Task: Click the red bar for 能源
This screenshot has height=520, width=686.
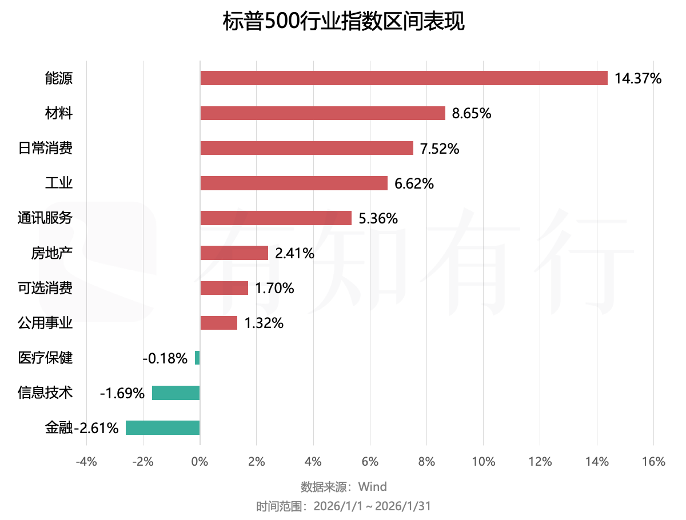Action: pyautogui.click(x=404, y=78)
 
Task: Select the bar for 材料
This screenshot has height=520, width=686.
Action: pyautogui.click(x=322, y=113)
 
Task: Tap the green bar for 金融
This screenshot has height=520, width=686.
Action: pyautogui.click(x=163, y=427)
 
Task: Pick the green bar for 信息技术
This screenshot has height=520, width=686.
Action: pyautogui.click(x=176, y=393)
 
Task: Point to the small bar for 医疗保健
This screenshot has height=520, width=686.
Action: pyautogui.click(x=197, y=358)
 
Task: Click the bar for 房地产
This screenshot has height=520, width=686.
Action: pyautogui.click(x=234, y=253)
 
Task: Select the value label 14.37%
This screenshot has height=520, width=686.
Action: pyautogui.click(x=638, y=78)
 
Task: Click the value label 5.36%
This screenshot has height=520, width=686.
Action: pyautogui.click(x=378, y=218)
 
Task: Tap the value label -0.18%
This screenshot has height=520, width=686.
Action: pyautogui.click(x=165, y=358)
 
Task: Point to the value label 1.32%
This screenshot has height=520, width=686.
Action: pyautogui.click(x=264, y=323)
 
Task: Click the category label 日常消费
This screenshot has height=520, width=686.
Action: pyautogui.click(x=45, y=149)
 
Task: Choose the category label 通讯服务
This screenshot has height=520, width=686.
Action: pyautogui.click(x=45, y=218)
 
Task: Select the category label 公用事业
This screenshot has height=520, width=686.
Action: pyautogui.click(x=45, y=323)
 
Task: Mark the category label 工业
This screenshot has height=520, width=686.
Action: pyautogui.click(x=59, y=183)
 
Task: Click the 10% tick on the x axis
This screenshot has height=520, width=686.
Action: pyautogui.click(x=483, y=462)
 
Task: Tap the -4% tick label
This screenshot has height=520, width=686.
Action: pyautogui.click(x=86, y=462)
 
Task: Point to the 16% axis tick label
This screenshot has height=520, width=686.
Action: pyautogui.click(x=653, y=462)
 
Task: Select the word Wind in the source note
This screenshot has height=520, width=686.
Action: pyautogui.click(x=372, y=487)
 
